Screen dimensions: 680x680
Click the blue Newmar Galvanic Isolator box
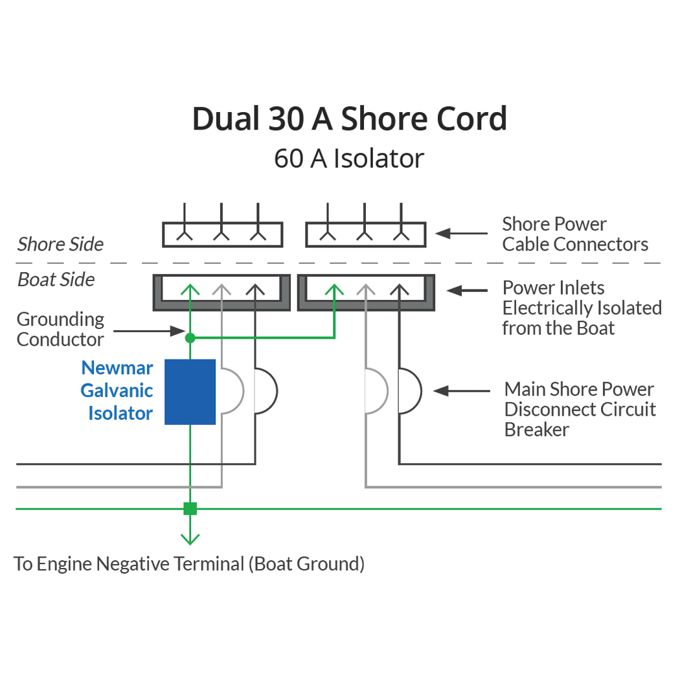[x=190, y=392]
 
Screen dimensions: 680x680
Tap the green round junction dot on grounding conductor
[x=190, y=337]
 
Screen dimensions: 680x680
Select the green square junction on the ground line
[x=190, y=508]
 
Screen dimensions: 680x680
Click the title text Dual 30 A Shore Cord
[x=349, y=119]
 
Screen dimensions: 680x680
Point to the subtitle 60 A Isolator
[x=349, y=159]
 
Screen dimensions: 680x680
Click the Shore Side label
[x=60, y=244]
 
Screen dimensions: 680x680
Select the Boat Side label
[x=56, y=280]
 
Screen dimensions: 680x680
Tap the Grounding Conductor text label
[x=60, y=329]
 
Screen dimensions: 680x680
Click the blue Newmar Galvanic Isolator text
[x=117, y=391]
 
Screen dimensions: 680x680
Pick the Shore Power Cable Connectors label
[x=575, y=234]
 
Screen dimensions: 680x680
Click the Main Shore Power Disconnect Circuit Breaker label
[x=580, y=409]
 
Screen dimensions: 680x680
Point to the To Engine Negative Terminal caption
[x=189, y=563]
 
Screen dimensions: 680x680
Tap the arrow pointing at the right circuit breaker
[x=462, y=391]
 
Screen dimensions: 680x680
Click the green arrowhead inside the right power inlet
[x=334, y=290]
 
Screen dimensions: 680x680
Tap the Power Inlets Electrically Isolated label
[x=582, y=308]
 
